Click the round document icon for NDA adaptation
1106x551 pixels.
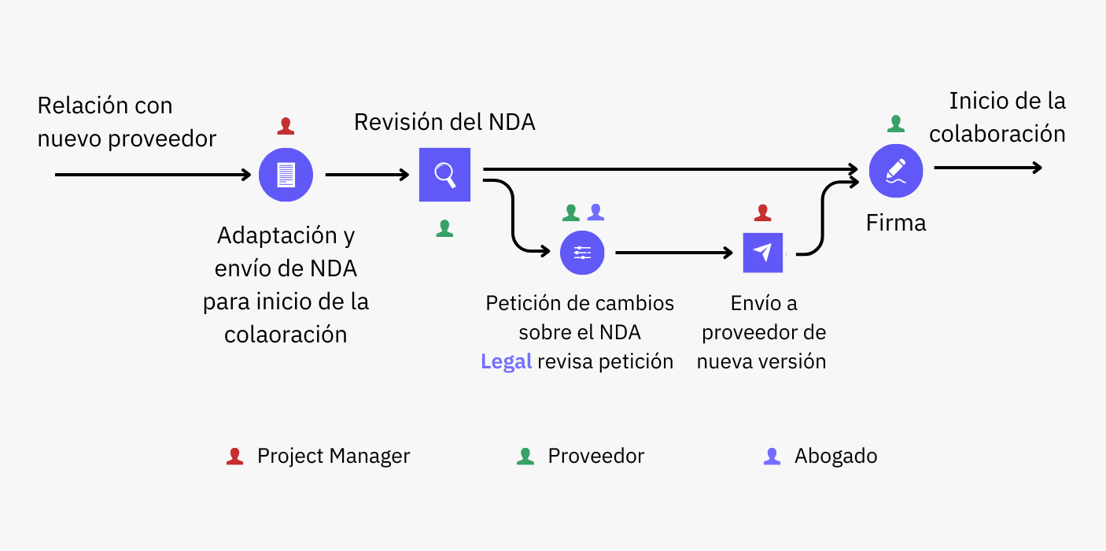(286, 175)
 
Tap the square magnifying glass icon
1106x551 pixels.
(444, 175)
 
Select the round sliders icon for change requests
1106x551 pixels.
(582, 253)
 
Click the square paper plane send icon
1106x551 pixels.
(762, 253)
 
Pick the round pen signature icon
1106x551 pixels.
(895, 170)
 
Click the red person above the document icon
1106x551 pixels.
(286, 126)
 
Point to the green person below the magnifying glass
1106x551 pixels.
(444, 228)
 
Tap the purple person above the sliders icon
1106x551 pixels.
(596, 212)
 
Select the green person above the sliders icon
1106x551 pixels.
(571, 212)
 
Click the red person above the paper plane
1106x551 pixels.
(762, 212)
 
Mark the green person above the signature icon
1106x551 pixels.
(895, 124)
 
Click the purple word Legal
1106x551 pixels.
(506, 361)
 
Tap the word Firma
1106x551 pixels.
(895, 224)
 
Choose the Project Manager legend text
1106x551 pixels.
(334, 456)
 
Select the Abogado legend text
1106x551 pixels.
(835, 456)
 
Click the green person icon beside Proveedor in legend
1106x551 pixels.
(525, 456)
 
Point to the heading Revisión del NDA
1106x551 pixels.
(444, 122)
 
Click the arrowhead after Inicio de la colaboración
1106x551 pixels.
(1038, 168)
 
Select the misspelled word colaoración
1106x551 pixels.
(286, 335)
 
